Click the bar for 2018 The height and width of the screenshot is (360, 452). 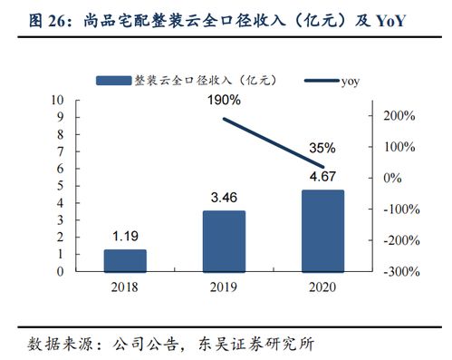pyautogui.click(x=125, y=260)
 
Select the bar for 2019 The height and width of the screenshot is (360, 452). pyautogui.click(x=223, y=240)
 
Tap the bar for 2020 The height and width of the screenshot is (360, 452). pyautogui.click(x=322, y=230)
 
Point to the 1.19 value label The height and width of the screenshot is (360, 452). pyautogui.click(x=125, y=238)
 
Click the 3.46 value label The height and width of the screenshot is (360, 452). pyautogui.click(x=223, y=196)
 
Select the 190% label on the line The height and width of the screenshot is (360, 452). pyautogui.click(x=224, y=100)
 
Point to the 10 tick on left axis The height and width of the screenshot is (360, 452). pyautogui.click(x=58, y=100)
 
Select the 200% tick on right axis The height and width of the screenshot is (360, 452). pyautogui.click(x=399, y=116)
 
